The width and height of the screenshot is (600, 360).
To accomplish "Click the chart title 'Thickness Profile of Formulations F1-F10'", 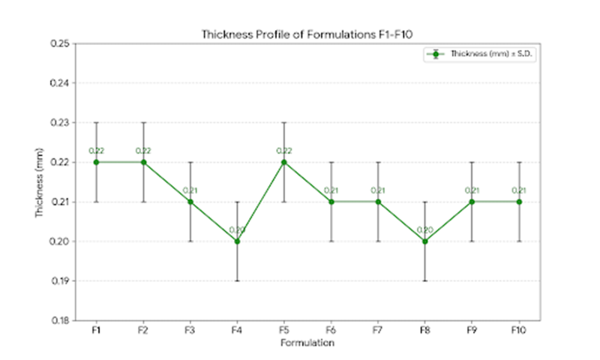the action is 307,34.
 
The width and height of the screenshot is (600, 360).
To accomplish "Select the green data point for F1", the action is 97,162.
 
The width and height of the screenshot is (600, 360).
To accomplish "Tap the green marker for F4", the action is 237,241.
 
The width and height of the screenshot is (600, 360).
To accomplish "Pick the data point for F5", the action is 284,162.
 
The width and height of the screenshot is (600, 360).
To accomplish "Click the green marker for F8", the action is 424,241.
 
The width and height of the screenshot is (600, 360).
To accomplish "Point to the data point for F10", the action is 519,202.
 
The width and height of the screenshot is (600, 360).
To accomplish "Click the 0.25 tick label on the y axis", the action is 60,43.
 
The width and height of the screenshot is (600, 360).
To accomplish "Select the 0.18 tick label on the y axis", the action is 60,320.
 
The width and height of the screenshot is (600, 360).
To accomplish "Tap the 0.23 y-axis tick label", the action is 60,123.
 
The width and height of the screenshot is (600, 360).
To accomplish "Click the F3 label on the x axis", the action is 190,330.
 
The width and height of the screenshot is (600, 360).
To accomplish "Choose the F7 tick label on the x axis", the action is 378,330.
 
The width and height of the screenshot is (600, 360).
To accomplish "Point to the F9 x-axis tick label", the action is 472,330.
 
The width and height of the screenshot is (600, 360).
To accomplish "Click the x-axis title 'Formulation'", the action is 307,343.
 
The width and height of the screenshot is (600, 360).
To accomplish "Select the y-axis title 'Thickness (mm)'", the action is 39,182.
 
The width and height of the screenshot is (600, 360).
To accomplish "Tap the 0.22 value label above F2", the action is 143,151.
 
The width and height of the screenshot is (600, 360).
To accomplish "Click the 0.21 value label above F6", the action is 331,190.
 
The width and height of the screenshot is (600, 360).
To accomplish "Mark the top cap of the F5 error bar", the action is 284,123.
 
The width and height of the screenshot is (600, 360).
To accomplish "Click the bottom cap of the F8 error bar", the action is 424,280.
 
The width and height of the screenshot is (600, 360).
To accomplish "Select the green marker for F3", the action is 190,202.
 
